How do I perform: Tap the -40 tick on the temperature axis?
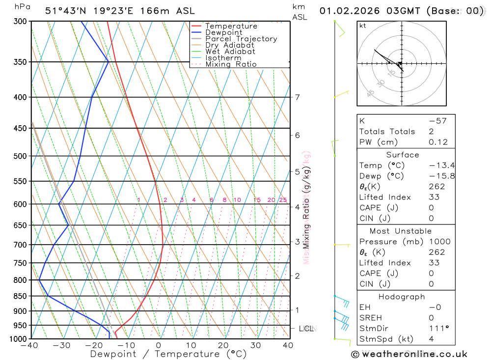tap(29, 345)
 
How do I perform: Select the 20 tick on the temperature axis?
tap(223, 345)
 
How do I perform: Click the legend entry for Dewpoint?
tap(224, 32)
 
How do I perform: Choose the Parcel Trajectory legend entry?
tap(241, 39)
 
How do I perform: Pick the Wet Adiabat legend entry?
tap(230, 52)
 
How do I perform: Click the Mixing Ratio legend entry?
tap(231, 64)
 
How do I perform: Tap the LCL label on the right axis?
tap(306, 328)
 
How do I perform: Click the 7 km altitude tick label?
tap(298, 97)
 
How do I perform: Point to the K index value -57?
tap(438, 121)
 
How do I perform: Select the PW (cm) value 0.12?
tap(438, 142)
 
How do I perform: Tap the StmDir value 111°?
tap(438, 329)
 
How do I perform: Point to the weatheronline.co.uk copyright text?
tap(409, 354)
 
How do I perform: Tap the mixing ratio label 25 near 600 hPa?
tap(283, 200)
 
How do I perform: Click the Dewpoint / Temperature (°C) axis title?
tap(168, 354)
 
